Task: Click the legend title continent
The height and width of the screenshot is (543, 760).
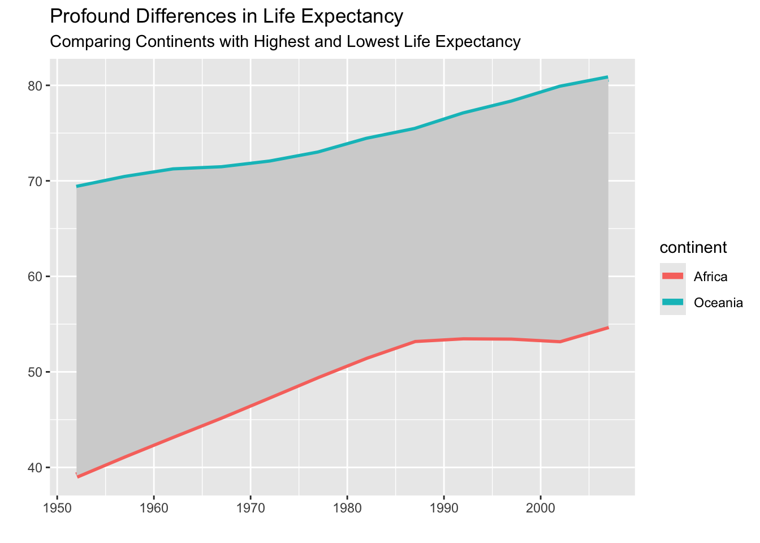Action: tap(693, 248)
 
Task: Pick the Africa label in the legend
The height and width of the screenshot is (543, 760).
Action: tap(711, 277)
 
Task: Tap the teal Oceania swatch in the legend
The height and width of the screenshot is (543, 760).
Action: tap(673, 303)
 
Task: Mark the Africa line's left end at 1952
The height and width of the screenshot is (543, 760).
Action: tap(77, 477)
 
